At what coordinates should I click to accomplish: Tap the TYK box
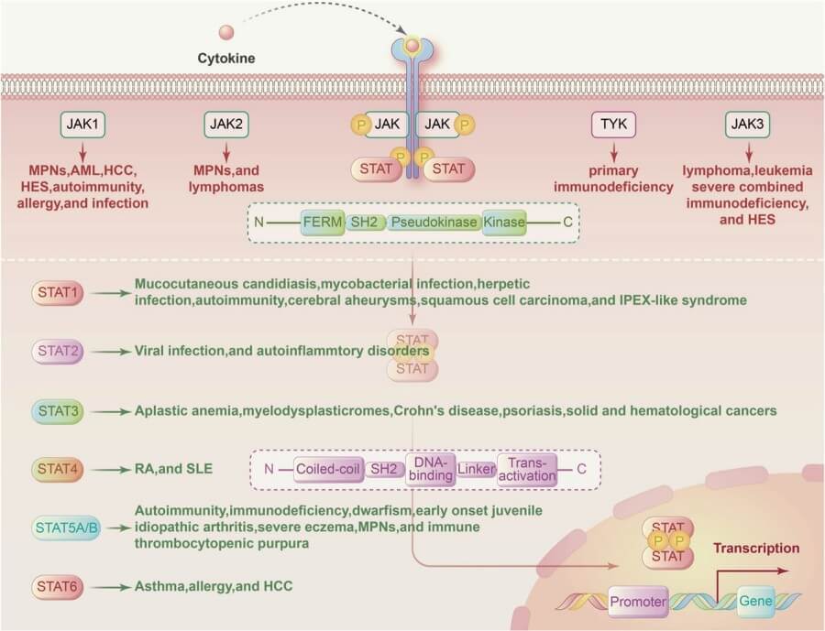tap(613, 125)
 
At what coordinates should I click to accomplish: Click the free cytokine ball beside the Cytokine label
tap(226, 33)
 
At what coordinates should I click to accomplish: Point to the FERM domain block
tap(323, 223)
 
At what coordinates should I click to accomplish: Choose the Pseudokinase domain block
tap(432, 223)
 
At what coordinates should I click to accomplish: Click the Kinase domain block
tap(503, 223)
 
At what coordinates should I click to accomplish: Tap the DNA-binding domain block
tap(430, 469)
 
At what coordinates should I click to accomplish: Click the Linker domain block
tap(476, 469)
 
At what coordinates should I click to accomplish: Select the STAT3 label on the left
tap(59, 410)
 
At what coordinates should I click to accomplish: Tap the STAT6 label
tap(59, 585)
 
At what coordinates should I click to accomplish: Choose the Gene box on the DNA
tap(756, 602)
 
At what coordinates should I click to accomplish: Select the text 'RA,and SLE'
tap(173, 469)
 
